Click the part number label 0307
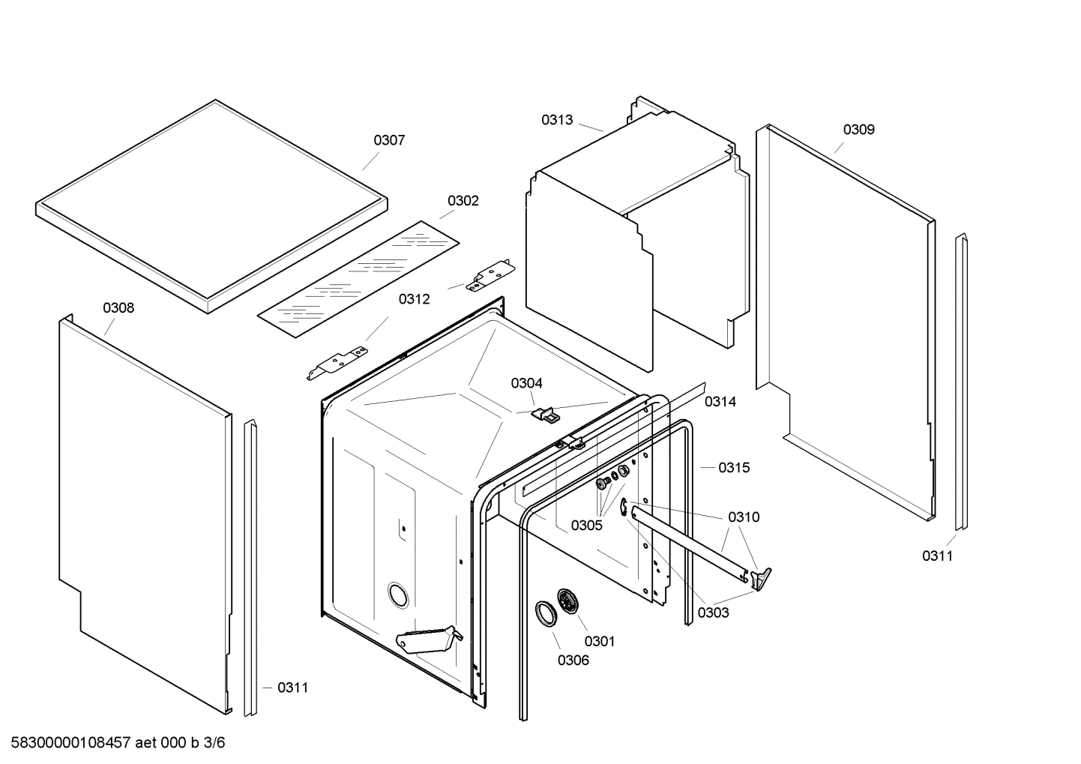(x=389, y=140)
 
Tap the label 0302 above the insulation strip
(x=463, y=201)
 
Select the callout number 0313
(x=557, y=120)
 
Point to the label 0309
(x=858, y=130)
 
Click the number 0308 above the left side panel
(x=118, y=308)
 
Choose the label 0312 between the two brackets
(x=414, y=299)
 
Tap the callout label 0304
(x=526, y=384)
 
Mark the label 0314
(x=720, y=402)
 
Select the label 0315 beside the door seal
(x=733, y=468)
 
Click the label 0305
(x=586, y=526)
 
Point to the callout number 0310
(x=743, y=517)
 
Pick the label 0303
(x=713, y=613)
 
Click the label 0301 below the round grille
(x=599, y=641)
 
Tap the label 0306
(x=573, y=661)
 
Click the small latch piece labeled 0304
(x=545, y=413)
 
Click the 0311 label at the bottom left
(x=292, y=688)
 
